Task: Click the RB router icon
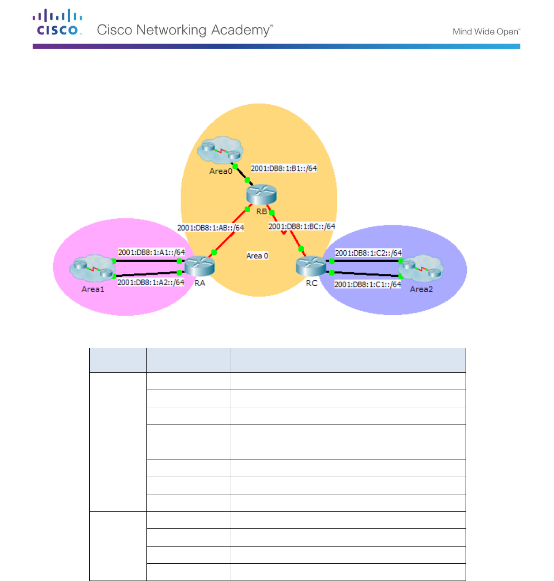pos(262,195)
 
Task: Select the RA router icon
pos(199,266)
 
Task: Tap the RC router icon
pos(311,266)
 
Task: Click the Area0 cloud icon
pos(221,151)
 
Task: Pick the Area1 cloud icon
pos(92,268)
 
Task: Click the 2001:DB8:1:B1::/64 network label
pos(284,168)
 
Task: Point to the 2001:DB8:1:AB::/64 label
pos(210,228)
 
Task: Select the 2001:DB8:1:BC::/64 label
pos(301,226)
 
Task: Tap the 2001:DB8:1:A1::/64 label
pos(151,252)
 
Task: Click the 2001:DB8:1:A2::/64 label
pos(151,282)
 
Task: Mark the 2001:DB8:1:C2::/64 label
pos(368,253)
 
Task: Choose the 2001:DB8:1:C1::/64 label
pos(368,284)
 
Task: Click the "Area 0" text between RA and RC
pos(257,256)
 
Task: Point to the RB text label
pos(262,212)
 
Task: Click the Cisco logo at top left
pos(58,23)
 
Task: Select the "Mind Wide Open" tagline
pos(486,32)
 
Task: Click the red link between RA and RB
pos(231,231)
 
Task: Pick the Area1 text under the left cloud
pos(92,289)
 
